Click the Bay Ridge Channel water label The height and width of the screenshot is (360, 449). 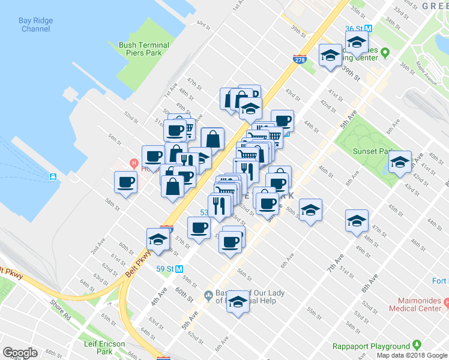(x=35, y=24)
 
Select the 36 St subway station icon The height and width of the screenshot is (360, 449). (x=369, y=29)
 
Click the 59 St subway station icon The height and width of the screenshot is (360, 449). (x=179, y=269)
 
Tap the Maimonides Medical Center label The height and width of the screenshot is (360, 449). (x=419, y=304)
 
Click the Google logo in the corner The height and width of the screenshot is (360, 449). (x=20, y=353)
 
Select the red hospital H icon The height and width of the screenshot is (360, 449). (x=134, y=163)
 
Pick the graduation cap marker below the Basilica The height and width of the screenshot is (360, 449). (x=238, y=302)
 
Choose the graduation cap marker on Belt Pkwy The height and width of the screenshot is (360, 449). (x=158, y=239)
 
